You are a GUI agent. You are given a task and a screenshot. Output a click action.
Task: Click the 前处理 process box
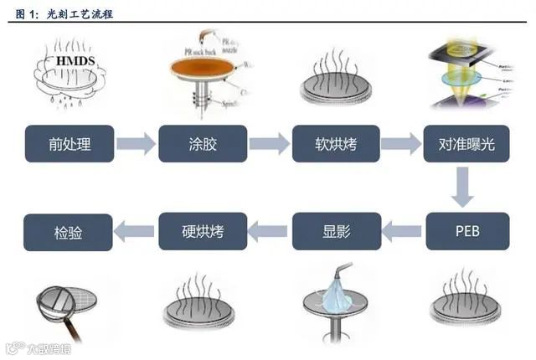click(x=70, y=144)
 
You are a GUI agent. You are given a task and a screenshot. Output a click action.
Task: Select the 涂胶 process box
click(x=203, y=144)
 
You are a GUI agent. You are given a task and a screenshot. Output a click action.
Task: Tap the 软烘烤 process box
click(x=335, y=144)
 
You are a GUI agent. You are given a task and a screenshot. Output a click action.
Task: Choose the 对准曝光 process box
click(x=466, y=144)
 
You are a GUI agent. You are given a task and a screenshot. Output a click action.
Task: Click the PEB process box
click(x=466, y=231)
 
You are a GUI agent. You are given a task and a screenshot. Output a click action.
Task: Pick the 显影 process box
click(x=335, y=231)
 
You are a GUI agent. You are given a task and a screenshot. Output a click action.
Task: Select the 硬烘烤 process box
click(x=203, y=231)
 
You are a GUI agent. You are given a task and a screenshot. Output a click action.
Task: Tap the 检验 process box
click(x=70, y=231)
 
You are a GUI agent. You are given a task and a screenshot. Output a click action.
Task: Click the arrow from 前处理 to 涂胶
click(x=136, y=144)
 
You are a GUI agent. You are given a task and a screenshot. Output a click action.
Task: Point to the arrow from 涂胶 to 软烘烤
click(x=269, y=144)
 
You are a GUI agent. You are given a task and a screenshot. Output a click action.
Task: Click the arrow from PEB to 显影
click(x=401, y=231)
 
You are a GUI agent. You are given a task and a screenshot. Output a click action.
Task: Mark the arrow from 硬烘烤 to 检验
click(x=136, y=231)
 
